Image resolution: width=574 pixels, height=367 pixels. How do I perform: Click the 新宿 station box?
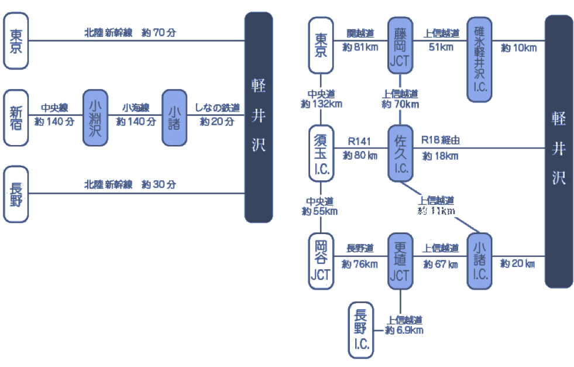(16, 117)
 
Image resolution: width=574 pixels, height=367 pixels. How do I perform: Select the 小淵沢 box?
(96, 117)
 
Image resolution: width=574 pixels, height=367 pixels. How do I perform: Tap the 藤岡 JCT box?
(400, 45)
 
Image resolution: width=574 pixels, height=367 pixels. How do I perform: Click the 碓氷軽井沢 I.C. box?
(480, 59)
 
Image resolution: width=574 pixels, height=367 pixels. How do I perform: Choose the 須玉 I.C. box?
(321, 153)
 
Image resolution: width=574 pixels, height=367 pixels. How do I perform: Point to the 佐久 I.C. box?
(400, 153)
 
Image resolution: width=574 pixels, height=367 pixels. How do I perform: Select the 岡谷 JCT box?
(321, 260)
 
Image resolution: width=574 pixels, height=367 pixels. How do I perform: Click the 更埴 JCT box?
(400, 260)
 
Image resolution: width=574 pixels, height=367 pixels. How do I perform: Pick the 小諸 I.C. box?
(480, 260)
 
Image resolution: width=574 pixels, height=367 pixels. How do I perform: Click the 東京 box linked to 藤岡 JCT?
(321, 45)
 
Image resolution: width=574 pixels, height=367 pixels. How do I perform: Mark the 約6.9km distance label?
(404, 330)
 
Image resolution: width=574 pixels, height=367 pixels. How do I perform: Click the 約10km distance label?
(518, 48)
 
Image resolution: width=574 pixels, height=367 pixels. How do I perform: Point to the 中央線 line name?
(54, 108)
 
